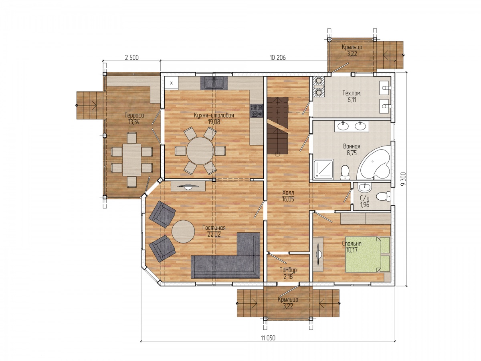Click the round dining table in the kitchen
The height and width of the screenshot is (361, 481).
pyautogui.click(x=200, y=151)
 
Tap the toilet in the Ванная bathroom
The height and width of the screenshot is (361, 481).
pyautogui.click(x=345, y=172)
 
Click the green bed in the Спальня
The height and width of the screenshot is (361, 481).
pyautogui.click(x=367, y=254)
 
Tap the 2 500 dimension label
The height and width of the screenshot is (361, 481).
pyautogui.click(x=132, y=58)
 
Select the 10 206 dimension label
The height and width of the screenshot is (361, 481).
pyautogui.click(x=278, y=58)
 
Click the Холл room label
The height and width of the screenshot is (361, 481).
pyautogui.click(x=288, y=193)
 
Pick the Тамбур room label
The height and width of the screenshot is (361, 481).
pyautogui.click(x=288, y=270)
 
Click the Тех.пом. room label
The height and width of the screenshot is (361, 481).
pyautogui.click(x=352, y=93)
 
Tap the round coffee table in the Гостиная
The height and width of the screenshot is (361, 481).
pyautogui.click(x=183, y=231)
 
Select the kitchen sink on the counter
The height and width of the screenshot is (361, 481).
pyautogui.click(x=214, y=83)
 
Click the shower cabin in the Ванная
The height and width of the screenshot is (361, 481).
pyautogui.click(x=323, y=169)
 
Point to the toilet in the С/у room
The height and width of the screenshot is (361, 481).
pyautogui.click(x=384, y=195)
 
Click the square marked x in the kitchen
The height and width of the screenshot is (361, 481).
pyautogui.click(x=172, y=83)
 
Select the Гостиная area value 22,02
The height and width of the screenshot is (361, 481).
pyautogui.click(x=214, y=235)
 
